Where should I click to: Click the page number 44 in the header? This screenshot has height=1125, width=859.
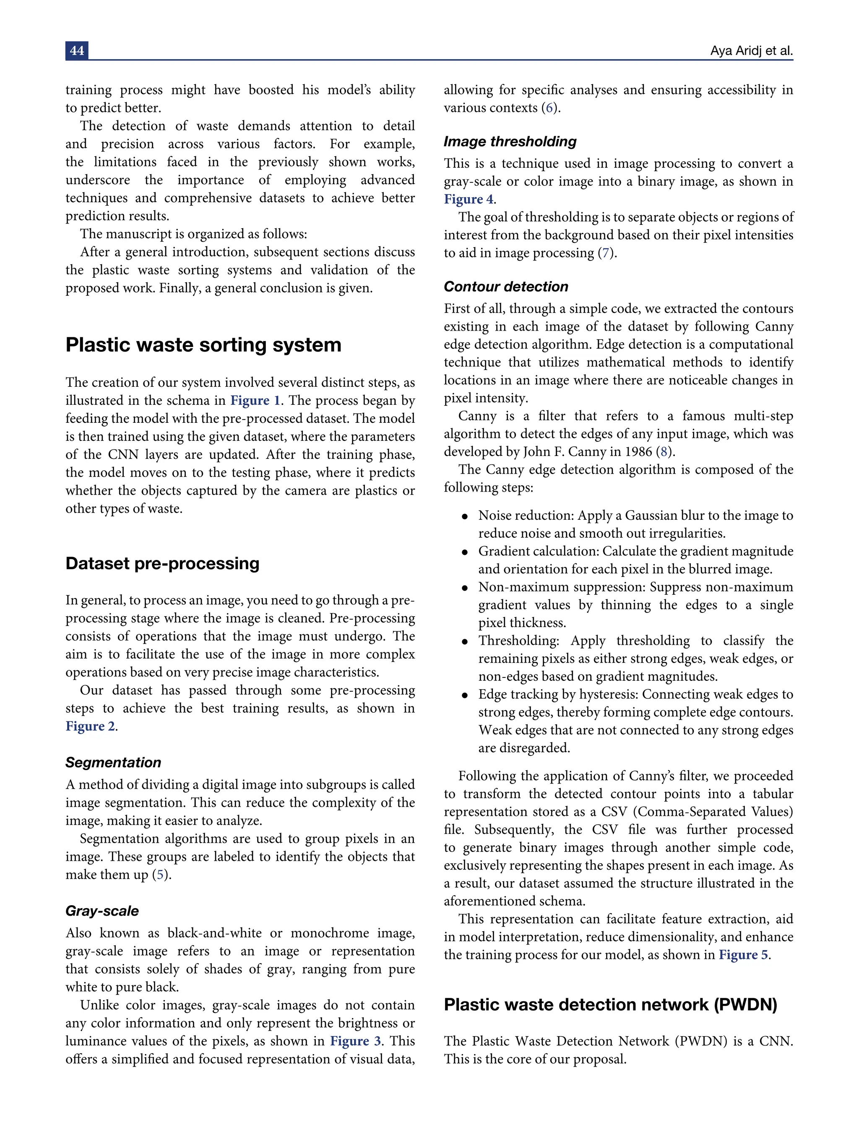point(77,51)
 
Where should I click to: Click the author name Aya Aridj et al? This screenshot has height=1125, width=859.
point(751,51)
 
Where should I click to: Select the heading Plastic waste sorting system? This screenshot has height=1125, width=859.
point(203,345)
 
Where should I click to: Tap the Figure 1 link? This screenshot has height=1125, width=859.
point(255,401)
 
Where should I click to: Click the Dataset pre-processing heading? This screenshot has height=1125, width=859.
point(162,563)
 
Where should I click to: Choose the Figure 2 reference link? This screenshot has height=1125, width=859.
point(91,726)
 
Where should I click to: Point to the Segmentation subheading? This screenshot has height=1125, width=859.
point(113,763)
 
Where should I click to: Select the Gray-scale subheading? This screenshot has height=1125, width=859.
point(102,911)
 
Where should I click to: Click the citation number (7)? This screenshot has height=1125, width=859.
point(606,253)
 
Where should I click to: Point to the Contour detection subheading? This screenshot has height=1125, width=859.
point(506,287)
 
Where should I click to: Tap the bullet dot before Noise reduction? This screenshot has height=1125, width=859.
point(464,516)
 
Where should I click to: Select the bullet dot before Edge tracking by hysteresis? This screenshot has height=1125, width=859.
point(464,695)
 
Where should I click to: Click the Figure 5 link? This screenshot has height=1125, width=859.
point(743,955)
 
